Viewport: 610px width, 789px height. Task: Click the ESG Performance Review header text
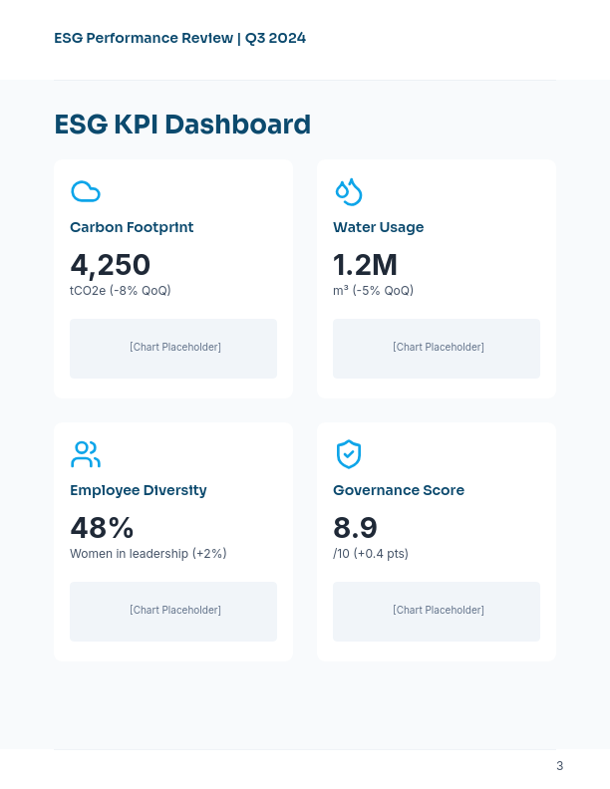179,38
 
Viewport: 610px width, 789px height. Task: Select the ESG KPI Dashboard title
182,125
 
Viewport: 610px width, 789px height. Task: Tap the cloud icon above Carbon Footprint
86,191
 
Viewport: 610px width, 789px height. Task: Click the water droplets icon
348,191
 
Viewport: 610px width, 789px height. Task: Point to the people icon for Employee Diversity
86,454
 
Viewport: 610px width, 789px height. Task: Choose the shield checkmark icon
348,454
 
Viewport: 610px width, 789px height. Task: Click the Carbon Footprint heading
132,227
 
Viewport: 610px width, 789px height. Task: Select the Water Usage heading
378,227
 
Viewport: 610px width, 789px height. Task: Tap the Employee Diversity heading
139,490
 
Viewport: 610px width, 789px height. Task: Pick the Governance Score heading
399,490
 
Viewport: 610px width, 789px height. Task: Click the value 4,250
110,265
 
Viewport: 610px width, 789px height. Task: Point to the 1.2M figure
365,265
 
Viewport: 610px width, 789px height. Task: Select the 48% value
102,528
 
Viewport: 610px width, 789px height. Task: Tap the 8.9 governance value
355,528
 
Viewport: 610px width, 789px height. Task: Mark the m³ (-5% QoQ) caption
373,291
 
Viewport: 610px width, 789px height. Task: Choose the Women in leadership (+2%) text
149,554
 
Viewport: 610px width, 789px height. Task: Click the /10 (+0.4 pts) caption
371,554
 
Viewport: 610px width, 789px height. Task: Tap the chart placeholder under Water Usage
438,348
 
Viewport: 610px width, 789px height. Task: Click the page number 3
559,766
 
